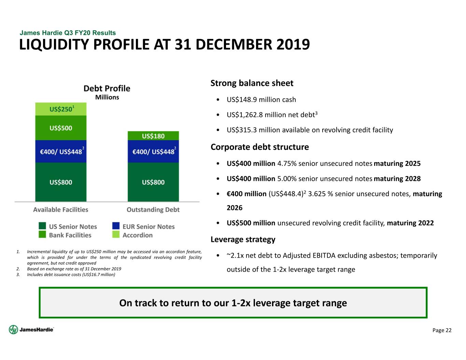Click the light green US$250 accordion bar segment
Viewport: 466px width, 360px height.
pyautogui.click(x=61, y=109)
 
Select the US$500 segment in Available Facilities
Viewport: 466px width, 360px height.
pyautogui.click(x=61, y=128)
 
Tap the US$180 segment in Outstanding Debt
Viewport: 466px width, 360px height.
pyautogui.click(x=153, y=136)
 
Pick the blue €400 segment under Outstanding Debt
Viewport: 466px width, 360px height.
pyautogui.click(x=153, y=152)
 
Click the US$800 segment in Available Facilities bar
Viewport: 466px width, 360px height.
pyautogui.click(x=61, y=182)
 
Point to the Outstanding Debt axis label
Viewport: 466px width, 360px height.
pyautogui.click(x=153, y=210)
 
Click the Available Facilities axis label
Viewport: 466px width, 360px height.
pyautogui.click(x=61, y=210)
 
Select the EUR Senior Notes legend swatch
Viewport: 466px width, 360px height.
pyautogui.click(x=116, y=226)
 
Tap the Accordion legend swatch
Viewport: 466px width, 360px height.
pyautogui.click(x=116, y=234)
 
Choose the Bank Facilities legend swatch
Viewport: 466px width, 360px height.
pyautogui.click(x=42, y=234)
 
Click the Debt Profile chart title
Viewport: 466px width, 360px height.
pyautogui.click(x=107, y=88)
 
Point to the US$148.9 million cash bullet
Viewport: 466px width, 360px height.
pyautogui.click(x=261, y=100)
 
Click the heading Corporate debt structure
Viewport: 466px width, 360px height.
pyautogui.click(x=259, y=147)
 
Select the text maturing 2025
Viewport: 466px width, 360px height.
pyautogui.click(x=397, y=163)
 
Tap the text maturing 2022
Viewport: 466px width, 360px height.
pyautogui.click(x=410, y=223)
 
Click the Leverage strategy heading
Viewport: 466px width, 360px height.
pyautogui.click(x=243, y=240)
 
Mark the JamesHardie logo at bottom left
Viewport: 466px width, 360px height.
pyautogui.click(x=31, y=330)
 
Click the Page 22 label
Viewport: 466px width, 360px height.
pyautogui.click(x=442, y=330)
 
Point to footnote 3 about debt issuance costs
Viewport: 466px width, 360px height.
pyautogui.click(x=71, y=274)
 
